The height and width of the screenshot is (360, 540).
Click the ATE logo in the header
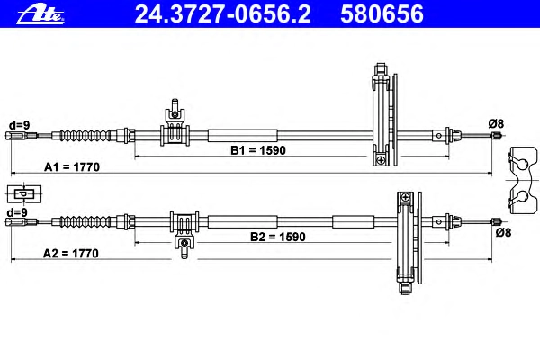pyautogui.click(x=40, y=14)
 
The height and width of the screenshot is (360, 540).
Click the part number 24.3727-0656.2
pyautogui.click(x=223, y=14)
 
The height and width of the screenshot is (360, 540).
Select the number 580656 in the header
pyautogui.click(x=382, y=14)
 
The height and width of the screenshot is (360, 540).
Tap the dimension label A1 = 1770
pyautogui.click(x=72, y=167)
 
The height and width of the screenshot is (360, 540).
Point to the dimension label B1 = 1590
pyautogui.click(x=258, y=150)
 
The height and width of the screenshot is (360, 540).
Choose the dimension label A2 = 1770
pyautogui.click(x=70, y=254)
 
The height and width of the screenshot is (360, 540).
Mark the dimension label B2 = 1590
pyautogui.click(x=277, y=237)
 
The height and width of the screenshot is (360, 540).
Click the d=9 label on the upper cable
pyautogui.click(x=19, y=125)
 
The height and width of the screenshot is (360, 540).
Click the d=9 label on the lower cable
pyautogui.click(x=18, y=212)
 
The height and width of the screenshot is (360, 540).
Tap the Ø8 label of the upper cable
pyautogui.click(x=496, y=123)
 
